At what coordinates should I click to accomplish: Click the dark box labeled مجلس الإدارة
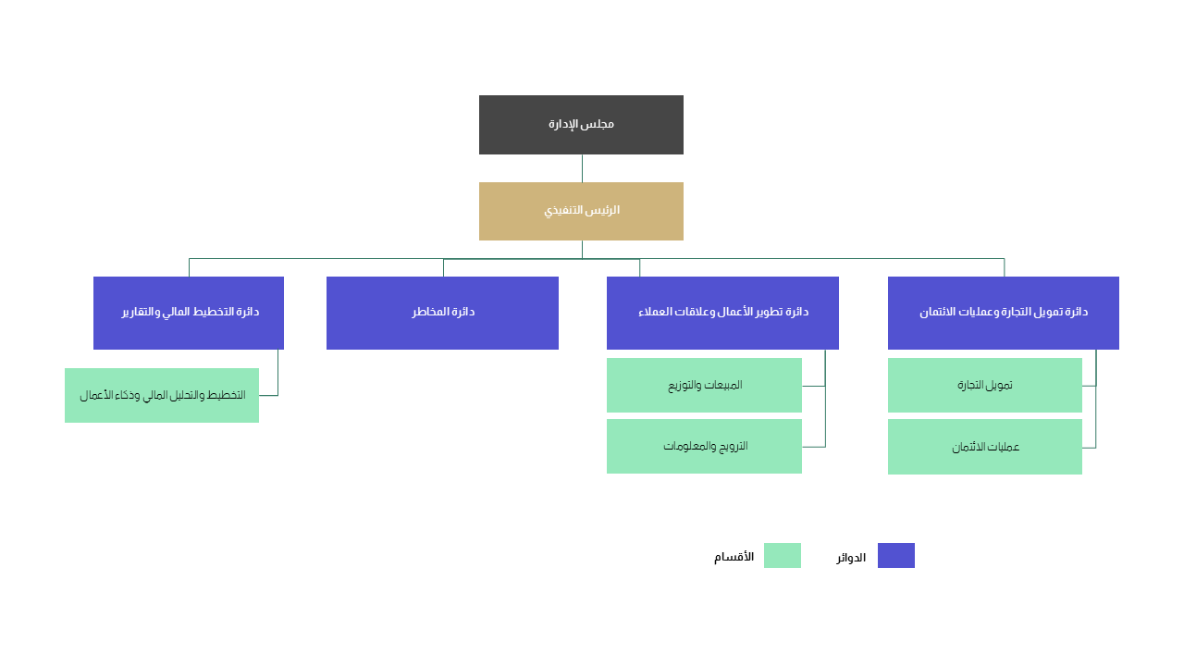581,125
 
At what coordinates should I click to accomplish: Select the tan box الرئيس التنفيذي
581,212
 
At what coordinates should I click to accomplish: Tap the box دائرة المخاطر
442,313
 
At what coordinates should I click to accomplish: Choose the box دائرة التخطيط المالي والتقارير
189,313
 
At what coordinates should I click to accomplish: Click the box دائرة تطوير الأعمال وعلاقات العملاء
722,313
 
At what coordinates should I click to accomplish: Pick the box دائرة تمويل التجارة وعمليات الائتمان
1004,313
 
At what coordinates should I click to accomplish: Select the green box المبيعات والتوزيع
704,386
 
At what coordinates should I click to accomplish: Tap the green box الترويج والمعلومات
704,446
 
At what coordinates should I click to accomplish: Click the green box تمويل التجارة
985,386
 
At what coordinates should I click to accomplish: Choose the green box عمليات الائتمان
985,447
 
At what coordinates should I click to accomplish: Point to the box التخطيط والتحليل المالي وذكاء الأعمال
162,395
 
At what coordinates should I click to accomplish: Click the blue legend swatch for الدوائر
896,556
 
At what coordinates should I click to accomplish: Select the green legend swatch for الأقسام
783,556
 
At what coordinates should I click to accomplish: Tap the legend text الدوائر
851,558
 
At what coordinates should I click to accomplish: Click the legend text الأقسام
734,557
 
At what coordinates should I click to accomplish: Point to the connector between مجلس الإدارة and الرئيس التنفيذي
582,168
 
